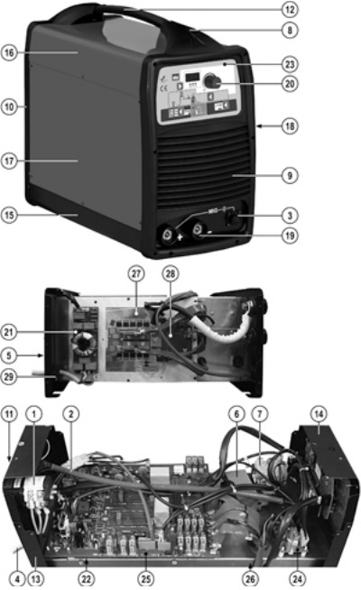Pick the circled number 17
coord(10,163)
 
